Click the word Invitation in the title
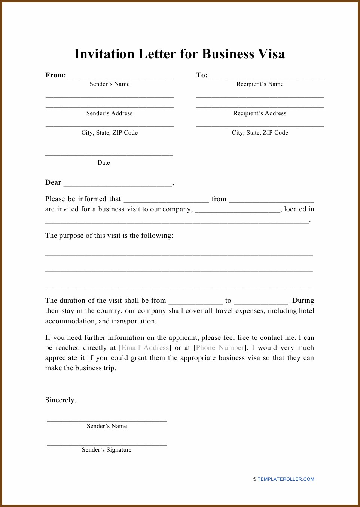tap(104, 54)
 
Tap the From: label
tap(55, 75)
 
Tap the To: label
tap(202, 75)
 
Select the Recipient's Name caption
tap(260, 84)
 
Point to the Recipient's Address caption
tap(259, 113)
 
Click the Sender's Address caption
tap(109, 113)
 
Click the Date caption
tap(104, 163)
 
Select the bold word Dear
tap(53, 182)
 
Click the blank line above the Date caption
tap(109, 154)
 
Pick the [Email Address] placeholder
tap(145, 348)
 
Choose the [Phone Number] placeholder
tap(220, 348)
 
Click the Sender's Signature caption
tap(107, 450)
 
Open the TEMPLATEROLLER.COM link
tap(286, 479)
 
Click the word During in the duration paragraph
tap(303, 301)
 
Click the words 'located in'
tap(299, 209)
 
